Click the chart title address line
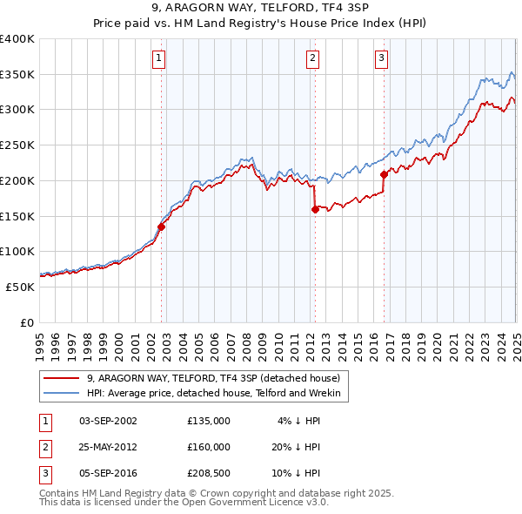tap(260, 9)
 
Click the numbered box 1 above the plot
tap(159, 59)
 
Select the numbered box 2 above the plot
tap(312, 59)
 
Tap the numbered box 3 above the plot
tap(382, 59)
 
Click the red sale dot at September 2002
tap(161, 227)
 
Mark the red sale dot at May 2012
tap(315, 209)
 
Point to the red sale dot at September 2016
tap(384, 174)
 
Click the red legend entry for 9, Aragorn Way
tap(217, 378)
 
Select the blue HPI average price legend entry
tap(217, 394)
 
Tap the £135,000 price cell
tap(209, 421)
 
